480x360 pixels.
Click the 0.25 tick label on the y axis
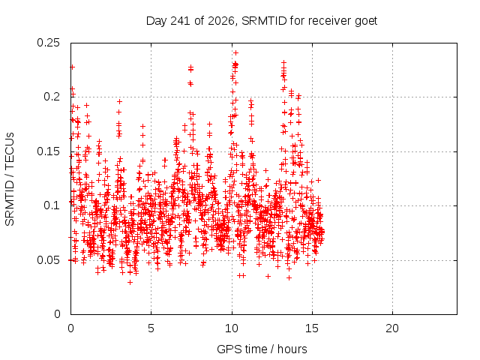tap(48, 43)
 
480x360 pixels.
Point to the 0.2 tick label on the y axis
tap(52, 97)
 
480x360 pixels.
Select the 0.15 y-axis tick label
tap(48, 151)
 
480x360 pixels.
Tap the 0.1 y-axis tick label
tap(52, 205)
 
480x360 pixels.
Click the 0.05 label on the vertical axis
tap(48, 260)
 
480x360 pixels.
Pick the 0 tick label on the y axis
tap(57, 314)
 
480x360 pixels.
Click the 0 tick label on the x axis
tap(70, 328)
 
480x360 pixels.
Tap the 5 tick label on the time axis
tap(151, 328)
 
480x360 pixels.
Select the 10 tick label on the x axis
tap(232, 328)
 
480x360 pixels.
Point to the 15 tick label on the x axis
tap(312, 328)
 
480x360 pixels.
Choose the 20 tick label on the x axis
tap(392, 328)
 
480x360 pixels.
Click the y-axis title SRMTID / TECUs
tap(10, 179)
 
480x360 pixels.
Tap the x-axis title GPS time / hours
tap(262, 349)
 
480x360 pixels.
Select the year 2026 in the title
tap(221, 21)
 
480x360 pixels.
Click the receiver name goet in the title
tap(366, 22)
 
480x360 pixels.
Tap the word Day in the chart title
tap(157, 22)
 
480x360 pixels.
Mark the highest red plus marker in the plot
tap(235, 53)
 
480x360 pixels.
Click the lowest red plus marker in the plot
tap(130, 282)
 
